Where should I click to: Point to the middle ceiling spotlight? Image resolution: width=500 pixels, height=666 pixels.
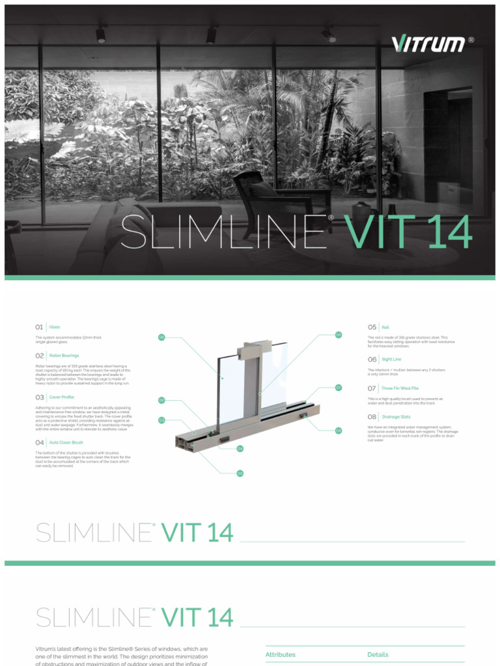[212, 34]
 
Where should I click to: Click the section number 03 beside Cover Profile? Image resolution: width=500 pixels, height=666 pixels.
[40, 397]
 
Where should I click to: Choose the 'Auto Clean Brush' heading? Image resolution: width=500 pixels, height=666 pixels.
[66, 442]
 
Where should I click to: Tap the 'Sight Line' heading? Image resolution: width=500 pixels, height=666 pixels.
[391, 359]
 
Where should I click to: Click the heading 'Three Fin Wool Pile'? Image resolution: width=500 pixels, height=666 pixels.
[400, 388]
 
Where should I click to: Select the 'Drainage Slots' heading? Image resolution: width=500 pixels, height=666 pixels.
[396, 416]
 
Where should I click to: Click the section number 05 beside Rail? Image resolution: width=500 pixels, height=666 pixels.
[372, 327]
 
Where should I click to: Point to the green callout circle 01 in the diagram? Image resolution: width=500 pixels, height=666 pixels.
[161, 337]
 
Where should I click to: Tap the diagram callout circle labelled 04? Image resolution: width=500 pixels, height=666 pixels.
[240, 448]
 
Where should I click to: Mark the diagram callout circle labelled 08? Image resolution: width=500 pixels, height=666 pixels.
[339, 430]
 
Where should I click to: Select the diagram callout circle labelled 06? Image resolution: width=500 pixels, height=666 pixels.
[339, 334]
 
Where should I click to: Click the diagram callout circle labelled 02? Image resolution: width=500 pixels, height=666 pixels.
[161, 400]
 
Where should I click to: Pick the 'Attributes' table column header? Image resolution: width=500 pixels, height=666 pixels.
[280, 654]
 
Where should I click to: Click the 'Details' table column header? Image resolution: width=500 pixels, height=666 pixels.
[378, 654]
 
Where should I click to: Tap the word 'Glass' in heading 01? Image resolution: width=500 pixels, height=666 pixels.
[55, 327]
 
